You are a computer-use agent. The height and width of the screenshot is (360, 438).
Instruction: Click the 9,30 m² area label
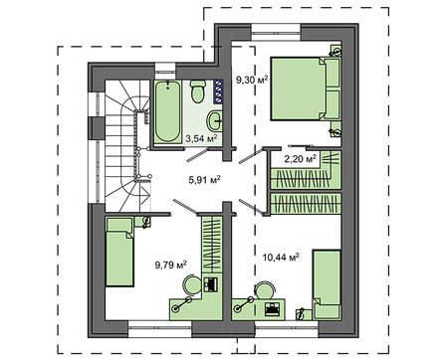coord(252,80)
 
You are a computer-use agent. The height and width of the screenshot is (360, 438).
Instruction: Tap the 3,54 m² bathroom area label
coord(201,138)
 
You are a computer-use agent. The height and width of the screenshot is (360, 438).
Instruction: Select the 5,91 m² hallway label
coord(205,180)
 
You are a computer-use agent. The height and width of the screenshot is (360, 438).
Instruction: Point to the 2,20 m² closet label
coord(301,159)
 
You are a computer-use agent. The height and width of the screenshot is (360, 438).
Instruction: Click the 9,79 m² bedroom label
coord(171,265)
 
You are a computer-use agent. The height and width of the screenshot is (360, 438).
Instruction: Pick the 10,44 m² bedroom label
coord(281,257)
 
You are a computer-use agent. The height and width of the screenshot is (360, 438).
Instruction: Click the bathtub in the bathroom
coord(168,111)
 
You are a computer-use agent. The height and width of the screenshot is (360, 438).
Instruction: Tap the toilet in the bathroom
coord(198,91)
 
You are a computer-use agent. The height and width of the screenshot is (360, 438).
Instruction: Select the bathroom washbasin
coord(214,121)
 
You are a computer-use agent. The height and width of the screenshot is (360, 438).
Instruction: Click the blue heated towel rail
coord(219,91)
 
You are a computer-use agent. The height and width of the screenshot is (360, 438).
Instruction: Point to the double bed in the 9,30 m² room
coord(306,89)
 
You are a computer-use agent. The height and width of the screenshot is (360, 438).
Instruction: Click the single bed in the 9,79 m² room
coord(119,251)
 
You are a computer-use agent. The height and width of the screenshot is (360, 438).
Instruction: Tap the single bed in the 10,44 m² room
coord(327,284)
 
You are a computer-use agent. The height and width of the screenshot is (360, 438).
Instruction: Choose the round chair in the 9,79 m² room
coord(193,285)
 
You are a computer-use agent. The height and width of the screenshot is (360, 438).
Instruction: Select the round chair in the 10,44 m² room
coord(265,290)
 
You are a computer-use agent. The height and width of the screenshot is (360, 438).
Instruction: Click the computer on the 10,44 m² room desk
coord(273,308)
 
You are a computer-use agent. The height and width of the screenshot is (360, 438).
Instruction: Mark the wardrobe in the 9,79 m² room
coord(212,245)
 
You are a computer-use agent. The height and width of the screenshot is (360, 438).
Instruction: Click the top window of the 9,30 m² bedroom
coord(276,32)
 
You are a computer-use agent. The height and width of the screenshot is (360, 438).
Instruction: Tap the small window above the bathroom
coord(165,71)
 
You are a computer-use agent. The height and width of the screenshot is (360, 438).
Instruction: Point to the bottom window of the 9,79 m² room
coord(160,328)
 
